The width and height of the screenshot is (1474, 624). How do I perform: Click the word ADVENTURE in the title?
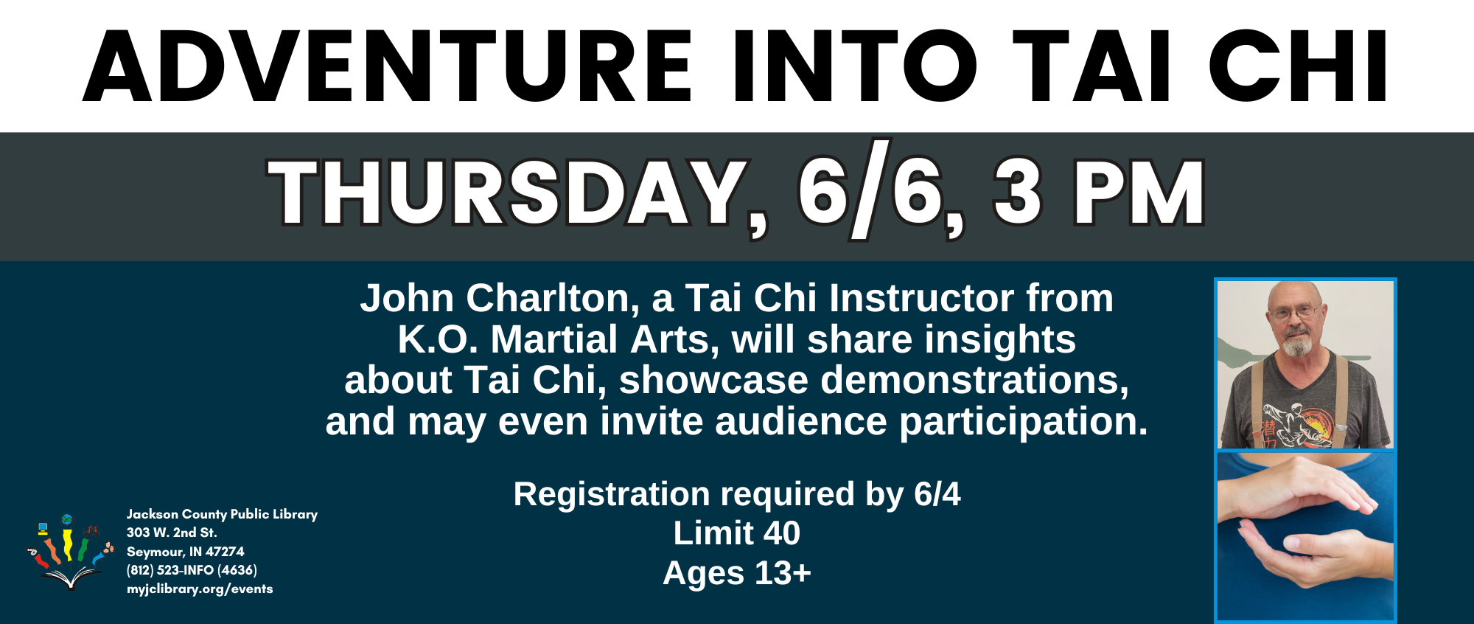point(388,66)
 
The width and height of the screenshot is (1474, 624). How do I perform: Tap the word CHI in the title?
point(1299,66)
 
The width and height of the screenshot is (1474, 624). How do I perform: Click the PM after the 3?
point(1139,193)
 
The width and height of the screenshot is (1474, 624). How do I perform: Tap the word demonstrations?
point(974,381)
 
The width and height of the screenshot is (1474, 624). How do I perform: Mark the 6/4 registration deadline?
point(937,494)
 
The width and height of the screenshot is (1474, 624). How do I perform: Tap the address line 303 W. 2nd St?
point(172,533)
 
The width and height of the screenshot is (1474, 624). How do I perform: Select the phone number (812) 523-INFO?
point(192,570)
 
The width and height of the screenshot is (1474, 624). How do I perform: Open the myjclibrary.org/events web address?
point(200,589)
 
